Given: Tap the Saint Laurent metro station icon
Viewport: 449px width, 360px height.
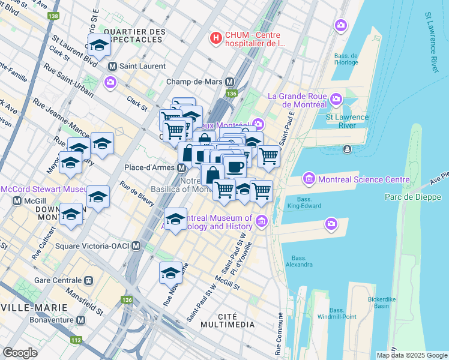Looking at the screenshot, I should tap(112, 65).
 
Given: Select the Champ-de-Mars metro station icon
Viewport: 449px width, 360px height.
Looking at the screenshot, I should tap(230, 82).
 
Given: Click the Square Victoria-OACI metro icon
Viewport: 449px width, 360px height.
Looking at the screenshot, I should tap(136, 245).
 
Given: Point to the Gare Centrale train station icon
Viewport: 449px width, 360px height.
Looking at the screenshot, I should tap(89, 280).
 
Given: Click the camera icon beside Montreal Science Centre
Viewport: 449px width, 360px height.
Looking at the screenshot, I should tap(309, 178).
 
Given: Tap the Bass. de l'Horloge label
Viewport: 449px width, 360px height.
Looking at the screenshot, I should tap(346, 59).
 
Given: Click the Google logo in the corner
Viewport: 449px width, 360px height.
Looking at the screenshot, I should tap(20, 353).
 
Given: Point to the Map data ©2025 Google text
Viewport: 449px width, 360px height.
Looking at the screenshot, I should tap(411, 355).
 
